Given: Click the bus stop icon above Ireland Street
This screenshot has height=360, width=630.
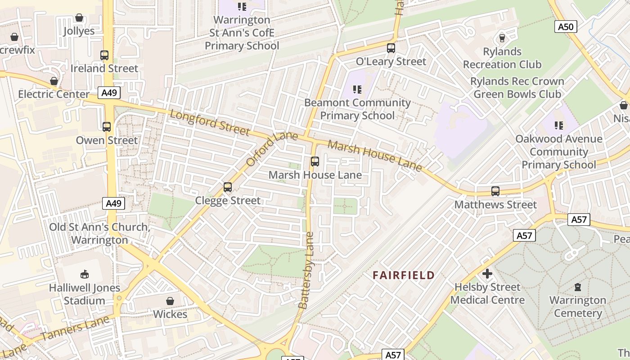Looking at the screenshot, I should pos(104,55).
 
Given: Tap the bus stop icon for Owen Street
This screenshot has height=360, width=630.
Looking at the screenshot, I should pos(107,127).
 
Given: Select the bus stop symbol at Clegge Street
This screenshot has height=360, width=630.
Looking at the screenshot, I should pos(228,187).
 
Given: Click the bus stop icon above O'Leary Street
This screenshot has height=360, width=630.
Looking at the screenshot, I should pos(391,48).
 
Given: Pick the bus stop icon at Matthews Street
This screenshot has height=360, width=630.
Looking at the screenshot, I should pos(495,191).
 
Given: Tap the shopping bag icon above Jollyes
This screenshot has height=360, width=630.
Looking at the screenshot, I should pos(79,18).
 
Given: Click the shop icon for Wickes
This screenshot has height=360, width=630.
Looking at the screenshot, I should pos(170,301).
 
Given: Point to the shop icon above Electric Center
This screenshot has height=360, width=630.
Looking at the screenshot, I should pos(54,81).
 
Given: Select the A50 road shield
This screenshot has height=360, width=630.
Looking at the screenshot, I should pos(566,27).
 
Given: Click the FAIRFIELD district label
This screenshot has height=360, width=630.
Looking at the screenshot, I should pos(404,275).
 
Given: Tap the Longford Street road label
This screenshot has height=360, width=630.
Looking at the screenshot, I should pos(210,122).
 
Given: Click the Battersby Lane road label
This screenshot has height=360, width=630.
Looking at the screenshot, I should pos(306,270).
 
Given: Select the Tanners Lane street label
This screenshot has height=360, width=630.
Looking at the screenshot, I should pos(75,329).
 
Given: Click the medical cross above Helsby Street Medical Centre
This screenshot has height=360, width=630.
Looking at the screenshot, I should pos(487,274).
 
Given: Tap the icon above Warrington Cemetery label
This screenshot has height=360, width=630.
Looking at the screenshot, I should pos(578,287).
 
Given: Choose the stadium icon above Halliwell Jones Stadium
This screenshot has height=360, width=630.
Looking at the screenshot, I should pos(85,274).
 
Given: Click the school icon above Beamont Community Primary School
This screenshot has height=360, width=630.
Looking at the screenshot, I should pos(357,90).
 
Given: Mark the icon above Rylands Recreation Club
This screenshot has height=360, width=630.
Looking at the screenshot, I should pos(502,38).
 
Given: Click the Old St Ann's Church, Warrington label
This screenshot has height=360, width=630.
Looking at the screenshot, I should pos(99,233).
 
